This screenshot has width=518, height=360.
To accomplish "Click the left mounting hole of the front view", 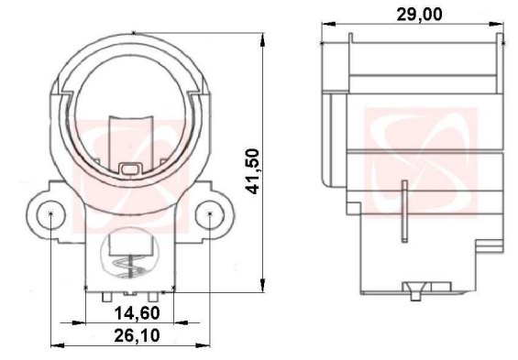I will click(x=52, y=214).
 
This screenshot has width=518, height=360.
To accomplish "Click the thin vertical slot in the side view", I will click(x=403, y=212).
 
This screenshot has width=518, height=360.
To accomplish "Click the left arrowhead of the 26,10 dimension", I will click(x=53, y=345).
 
